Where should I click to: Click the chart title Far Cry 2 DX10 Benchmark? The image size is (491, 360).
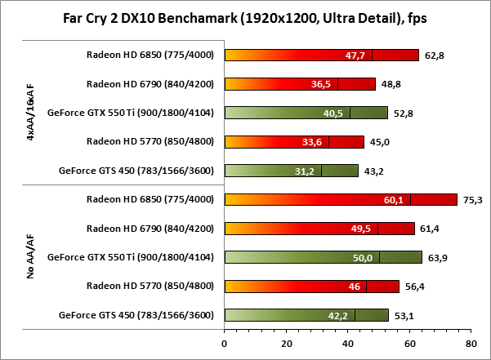245,18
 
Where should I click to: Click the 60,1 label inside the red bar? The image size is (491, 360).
394,199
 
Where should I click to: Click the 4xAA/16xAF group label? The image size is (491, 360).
29,112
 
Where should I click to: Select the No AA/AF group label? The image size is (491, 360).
29,257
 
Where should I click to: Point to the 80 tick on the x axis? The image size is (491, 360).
471,343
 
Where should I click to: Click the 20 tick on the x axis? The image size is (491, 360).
286,343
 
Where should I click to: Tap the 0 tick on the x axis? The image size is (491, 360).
225,343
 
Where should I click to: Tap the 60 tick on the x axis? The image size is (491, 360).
409,343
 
